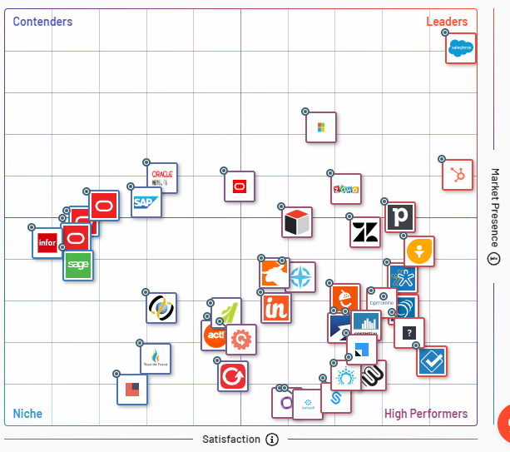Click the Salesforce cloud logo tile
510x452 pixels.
tap(461, 48)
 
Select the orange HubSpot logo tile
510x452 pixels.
tap(457, 175)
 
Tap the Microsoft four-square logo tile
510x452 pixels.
tap(321, 127)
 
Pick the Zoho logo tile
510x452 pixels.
tap(345, 189)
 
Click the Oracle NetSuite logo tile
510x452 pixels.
tap(162, 178)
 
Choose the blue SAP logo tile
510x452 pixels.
tap(146, 202)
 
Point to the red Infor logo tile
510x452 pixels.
tap(47, 243)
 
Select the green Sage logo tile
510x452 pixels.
tap(78, 265)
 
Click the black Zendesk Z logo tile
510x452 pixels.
tap(364, 232)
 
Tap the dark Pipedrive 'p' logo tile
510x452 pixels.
tap(400, 217)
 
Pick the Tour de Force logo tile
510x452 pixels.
tap(156, 359)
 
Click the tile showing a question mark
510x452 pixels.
tap(408, 333)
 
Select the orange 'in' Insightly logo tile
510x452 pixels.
tap(276, 308)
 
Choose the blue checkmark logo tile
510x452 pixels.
tap(432, 362)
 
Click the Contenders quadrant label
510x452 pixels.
tap(42, 22)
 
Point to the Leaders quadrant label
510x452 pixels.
tap(447, 22)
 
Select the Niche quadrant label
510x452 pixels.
tap(27, 414)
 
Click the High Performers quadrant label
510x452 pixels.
tap(425, 414)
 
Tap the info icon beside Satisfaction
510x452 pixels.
tap(272, 440)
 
